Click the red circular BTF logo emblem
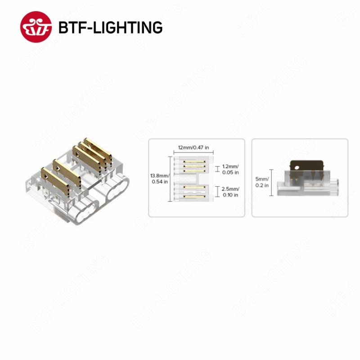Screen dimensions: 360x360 pyautogui.click(x=36, y=27)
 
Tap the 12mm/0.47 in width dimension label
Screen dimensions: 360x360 pyautogui.click(x=193, y=148)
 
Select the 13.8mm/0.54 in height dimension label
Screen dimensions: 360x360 pyautogui.click(x=160, y=179)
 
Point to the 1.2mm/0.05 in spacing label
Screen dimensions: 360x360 pyautogui.click(x=230, y=169)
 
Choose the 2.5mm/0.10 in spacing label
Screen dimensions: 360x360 pyautogui.click(x=230, y=192)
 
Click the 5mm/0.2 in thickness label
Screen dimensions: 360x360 pyautogui.click(x=262, y=182)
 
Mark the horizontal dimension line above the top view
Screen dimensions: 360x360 pyautogui.click(x=193, y=153)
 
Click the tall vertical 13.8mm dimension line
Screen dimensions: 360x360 pyautogui.click(x=170, y=179)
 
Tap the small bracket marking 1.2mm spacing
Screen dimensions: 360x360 pyautogui.click(x=217, y=169)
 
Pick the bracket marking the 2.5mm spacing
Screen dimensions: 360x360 pyautogui.click(x=218, y=192)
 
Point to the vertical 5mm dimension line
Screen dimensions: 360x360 pyautogui.click(x=271, y=183)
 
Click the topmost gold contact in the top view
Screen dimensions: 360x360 pyautogui.click(x=194, y=162)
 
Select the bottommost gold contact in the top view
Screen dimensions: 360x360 pyautogui.click(x=194, y=197)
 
